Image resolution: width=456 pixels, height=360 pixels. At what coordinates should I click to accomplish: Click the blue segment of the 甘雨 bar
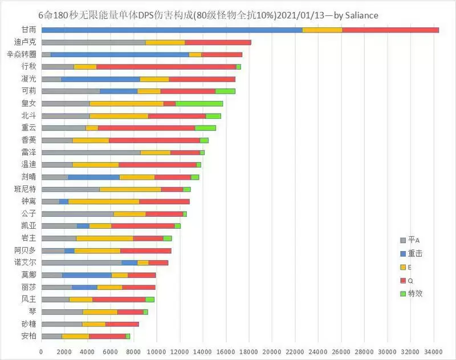click(x=171, y=30)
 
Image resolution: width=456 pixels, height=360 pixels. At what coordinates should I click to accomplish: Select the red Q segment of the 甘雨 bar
click(x=390, y=30)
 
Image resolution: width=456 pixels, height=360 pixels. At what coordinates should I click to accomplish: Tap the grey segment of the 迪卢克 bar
click(x=93, y=42)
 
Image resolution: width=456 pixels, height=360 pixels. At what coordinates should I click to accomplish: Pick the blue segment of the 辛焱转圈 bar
click(x=120, y=54)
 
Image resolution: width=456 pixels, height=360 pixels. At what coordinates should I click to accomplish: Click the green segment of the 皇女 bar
click(x=199, y=103)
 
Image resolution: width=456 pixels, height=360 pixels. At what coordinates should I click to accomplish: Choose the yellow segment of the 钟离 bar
click(x=104, y=201)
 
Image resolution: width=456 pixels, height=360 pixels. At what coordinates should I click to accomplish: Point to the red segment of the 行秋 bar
click(x=166, y=67)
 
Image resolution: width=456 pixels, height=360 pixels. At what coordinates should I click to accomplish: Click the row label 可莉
click(x=28, y=91)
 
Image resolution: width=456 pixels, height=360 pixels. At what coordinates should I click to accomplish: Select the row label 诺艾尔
click(x=26, y=262)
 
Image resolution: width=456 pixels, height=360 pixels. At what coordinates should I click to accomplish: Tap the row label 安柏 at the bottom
click(x=28, y=336)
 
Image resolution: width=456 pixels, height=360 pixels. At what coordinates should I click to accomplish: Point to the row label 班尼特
click(x=26, y=189)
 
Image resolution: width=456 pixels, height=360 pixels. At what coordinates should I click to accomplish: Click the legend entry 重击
click(x=416, y=253)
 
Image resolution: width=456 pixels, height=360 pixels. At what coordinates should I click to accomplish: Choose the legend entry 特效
click(x=416, y=293)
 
